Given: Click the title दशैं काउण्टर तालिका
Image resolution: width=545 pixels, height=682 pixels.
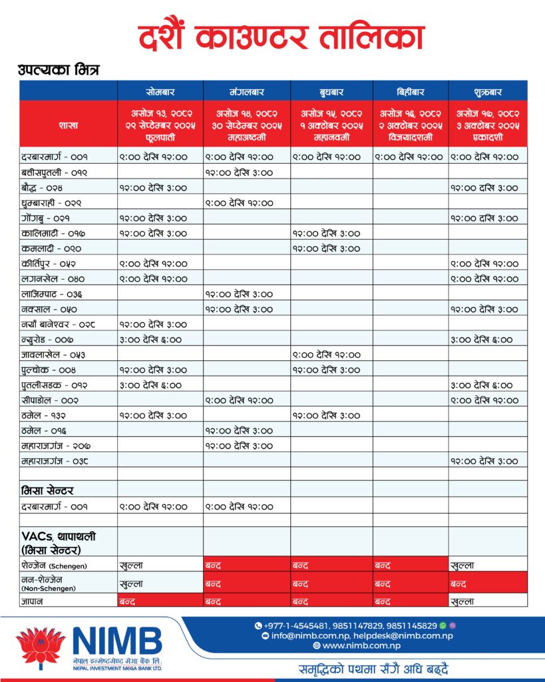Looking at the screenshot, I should (x=281, y=38).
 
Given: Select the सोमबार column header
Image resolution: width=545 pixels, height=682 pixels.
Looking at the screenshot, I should (x=160, y=91).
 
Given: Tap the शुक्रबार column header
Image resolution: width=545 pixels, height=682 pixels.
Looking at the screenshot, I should (x=488, y=91).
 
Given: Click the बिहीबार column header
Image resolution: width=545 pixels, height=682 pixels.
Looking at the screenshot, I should (x=411, y=91).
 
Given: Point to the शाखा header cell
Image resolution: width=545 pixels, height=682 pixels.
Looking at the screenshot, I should (x=69, y=124).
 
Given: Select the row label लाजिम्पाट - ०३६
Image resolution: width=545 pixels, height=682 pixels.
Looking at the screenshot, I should (x=54, y=294).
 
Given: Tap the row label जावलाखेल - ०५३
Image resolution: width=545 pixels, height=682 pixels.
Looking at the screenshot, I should (x=53, y=355).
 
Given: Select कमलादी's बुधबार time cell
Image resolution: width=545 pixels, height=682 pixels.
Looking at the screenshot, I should (x=326, y=248).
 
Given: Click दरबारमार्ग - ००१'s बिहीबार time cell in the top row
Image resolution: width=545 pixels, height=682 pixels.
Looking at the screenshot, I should (x=409, y=157).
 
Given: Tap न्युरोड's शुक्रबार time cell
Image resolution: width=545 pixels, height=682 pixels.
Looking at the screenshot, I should (x=481, y=340).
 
